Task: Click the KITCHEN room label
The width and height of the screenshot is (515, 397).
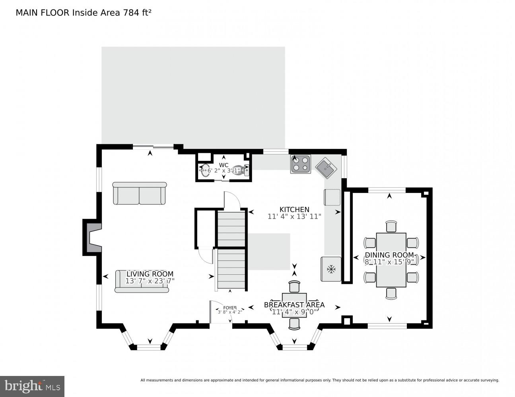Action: pyautogui.click(x=294, y=210)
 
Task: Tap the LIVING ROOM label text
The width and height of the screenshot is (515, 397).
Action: pyautogui.click(x=150, y=274)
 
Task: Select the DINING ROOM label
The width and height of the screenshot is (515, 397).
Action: pyautogui.click(x=389, y=255)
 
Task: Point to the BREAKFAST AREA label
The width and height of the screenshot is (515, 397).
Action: pyautogui.click(x=294, y=305)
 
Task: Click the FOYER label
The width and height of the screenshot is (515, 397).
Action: pyautogui.click(x=229, y=308)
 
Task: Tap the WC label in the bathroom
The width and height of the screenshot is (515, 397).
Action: pyautogui.click(x=223, y=165)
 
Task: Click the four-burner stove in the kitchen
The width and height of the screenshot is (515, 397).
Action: pyautogui.click(x=300, y=164)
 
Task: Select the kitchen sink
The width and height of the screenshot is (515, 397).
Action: pyautogui.click(x=326, y=168)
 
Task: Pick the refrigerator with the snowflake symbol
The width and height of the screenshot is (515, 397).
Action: pyautogui.click(x=331, y=269)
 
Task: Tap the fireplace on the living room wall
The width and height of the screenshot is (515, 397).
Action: pyautogui.click(x=91, y=237)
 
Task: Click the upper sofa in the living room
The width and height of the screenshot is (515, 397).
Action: pyautogui.click(x=139, y=193)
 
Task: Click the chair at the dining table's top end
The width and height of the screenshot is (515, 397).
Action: pyautogui.click(x=391, y=226)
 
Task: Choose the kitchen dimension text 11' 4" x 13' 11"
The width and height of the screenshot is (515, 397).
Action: pyautogui.click(x=294, y=217)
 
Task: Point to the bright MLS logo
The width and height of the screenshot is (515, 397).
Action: pyautogui.click(x=32, y=386)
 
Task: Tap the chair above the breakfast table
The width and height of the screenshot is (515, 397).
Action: pyautogui.click(x=294, y=287)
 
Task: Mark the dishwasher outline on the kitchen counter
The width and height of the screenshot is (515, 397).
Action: pyautogui.click(x=332, y=197)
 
